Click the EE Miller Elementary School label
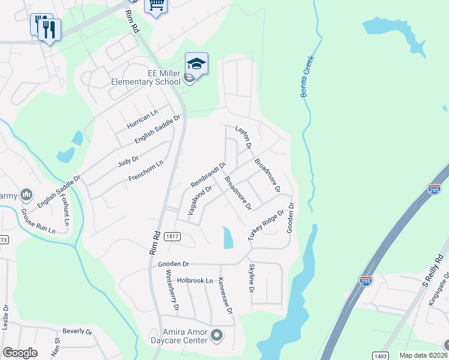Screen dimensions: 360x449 (146, 77)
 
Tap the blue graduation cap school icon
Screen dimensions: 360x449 (196, 63)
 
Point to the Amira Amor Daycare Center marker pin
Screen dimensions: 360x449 (217, 335)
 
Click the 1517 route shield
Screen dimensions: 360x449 (172, 237)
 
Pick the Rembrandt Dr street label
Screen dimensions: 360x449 (208, 174)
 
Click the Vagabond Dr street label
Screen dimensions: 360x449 (200, 200)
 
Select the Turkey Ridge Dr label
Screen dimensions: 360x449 (266, 225)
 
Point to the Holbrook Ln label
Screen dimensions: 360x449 (195, 281)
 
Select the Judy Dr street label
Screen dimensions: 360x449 (128, 160)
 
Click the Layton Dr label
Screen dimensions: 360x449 (243, 137)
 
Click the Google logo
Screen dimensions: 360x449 (20, 353)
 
